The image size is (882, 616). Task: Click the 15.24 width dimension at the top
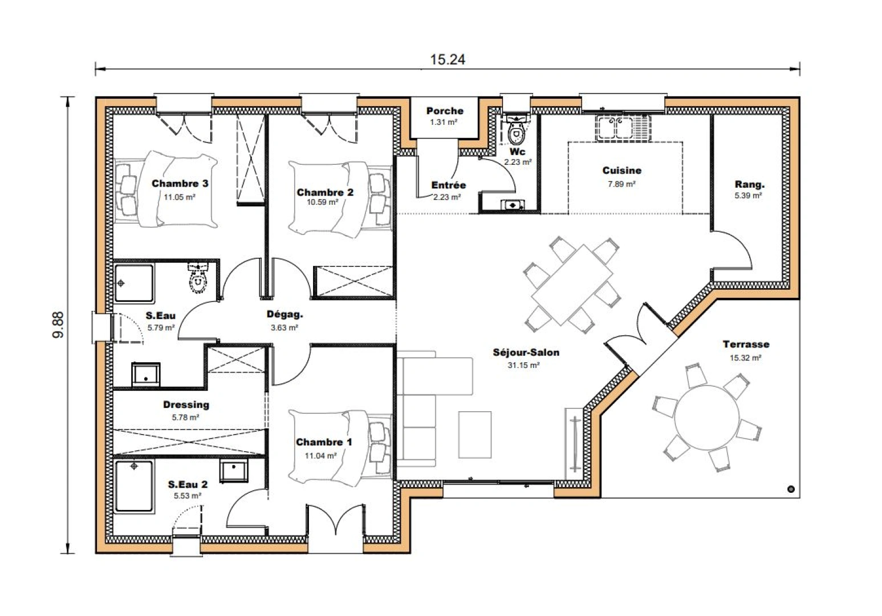click(x=448, y=59)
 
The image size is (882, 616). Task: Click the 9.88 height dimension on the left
click(x=58, y=325)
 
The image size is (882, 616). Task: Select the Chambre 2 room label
click(x=324, y=192)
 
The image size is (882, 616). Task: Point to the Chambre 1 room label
click(x=324, y=442)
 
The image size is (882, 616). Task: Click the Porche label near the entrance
click(x=445, y=111)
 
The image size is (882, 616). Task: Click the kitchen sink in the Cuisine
click(x=622, y=128)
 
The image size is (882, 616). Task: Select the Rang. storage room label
click(x=749, y=184)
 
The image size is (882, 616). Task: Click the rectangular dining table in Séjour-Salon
click(x=572, y=285)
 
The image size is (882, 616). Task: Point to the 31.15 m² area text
click(x=523, y=365)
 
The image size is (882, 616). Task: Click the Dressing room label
click(x=186, y=404)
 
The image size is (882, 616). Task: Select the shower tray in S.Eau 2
click(x=134, y=486)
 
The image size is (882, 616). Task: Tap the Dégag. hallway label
click(x=284, y=314)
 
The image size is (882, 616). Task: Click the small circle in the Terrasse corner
click(x=791, y=489)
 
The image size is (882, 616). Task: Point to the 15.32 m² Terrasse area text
click(x=746, y=358)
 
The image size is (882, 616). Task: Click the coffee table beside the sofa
click(x=474, y=435)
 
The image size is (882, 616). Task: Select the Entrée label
click(x=448, y=185)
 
